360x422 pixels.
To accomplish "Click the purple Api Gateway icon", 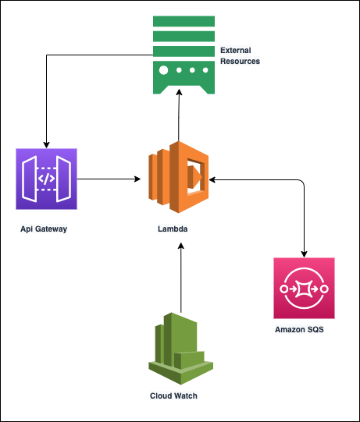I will click(x=47, y=179).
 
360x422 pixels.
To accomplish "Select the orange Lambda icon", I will click(x=180, y=179).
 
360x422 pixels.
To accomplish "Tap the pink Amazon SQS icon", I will click(x=305, y=289).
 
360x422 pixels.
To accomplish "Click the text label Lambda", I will click(x=180, y=231).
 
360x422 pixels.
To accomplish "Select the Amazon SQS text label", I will click(x=299, y=330).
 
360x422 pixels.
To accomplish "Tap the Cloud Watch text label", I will click(x=174, y=395).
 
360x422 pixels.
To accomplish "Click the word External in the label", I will click(x=235, y=50).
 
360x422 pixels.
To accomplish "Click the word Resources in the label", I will click(x=240, y=61).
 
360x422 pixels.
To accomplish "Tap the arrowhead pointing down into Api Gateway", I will click(x=48, y=144).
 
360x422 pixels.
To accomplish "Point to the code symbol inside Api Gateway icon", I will click(x=47, y=178).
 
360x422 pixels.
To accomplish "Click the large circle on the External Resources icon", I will click(x=163, y=69).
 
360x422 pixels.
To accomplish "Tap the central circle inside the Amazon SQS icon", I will click(x=305, y=289).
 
